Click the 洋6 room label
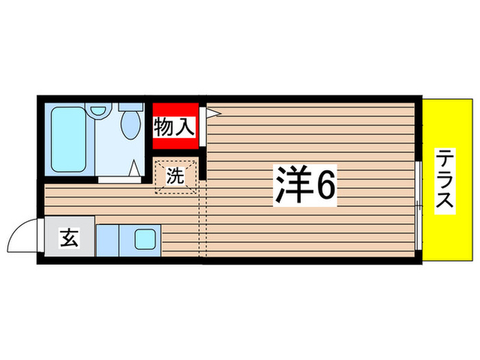[x=306, y=184]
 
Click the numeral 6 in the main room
[x=325, y=184]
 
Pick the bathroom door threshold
[x=124, y=179]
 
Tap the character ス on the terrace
[x=446, y=202]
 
